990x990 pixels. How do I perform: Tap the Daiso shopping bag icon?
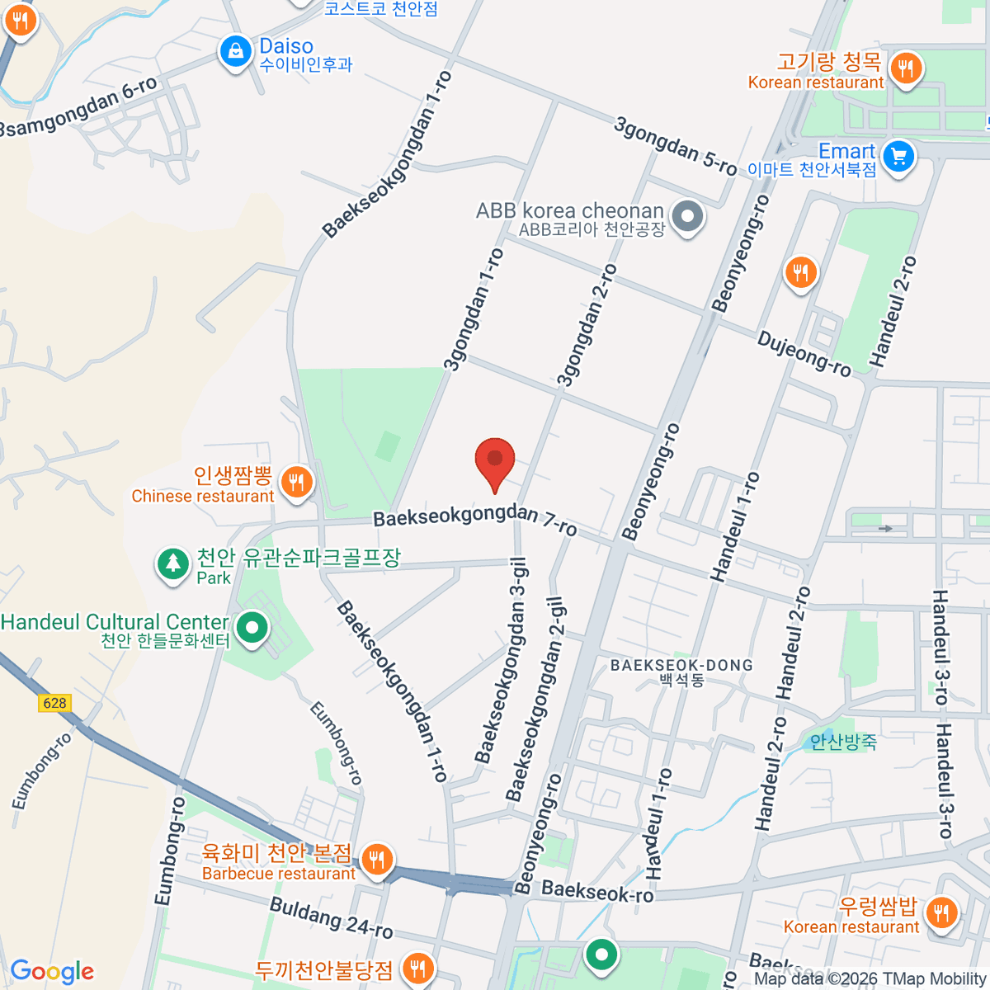pyautogui.click(x=236, y=51)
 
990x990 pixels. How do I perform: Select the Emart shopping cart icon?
pyautogui.click(x=898, y=156)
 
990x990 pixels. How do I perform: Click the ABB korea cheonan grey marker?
pyautogui.click(x=686, y=218)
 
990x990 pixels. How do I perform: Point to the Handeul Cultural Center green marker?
pyautogui.click(x=252, y=629)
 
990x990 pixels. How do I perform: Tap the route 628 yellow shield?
pyautogui.click(x=54, y=703)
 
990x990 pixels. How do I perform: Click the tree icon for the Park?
pyautogui.click(x=172, y=564)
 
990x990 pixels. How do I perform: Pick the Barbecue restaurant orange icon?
pyautogui.click(x=376, y=860)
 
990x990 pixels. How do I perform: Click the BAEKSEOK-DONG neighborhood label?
pyautogui.click(x=681, y=665)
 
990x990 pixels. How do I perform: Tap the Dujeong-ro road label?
pyautogui.click(x=804, y=354)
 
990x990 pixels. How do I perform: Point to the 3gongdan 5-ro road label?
pyautogui.click(x=675, y=145)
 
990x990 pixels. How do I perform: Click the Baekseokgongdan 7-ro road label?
pyautogui.click(x=475, y=520)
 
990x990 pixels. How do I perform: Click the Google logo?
pyautogui.click(x=52, y=971)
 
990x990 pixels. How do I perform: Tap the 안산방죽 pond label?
pyautogui.click(x=843, y=742)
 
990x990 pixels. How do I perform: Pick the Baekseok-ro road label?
pyautogui.click(x=598, y=891)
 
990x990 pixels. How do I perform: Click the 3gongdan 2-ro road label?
pyautogui.click(x=587, y=325)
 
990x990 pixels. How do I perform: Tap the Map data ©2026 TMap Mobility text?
pyautogui.click(x=870, y=978)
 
